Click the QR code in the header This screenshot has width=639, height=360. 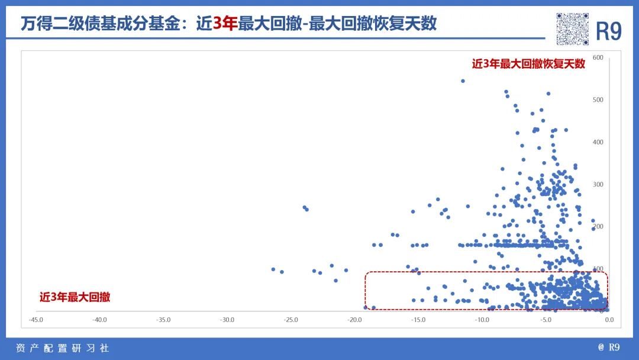click(x=572, y=28)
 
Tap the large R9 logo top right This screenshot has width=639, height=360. click(x=608, y=31)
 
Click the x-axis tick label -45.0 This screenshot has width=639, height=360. click(x=35, y=320)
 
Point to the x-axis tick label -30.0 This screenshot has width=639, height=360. click(x=227, y=320)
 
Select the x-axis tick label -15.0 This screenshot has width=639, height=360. click(x=418, y=320)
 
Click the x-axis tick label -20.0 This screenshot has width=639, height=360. click(x=354, y=320)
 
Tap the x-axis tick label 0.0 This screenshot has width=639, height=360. click(x=609, y=320)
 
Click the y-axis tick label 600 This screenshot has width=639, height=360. click(x=598, y=57)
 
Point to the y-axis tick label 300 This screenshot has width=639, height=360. click(x=598, y=184)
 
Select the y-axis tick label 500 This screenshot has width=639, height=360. click(x=598, y=99)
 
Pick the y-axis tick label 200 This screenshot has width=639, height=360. click(x=598, y=227)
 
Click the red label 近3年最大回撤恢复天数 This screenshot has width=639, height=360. click(x=528, y=64)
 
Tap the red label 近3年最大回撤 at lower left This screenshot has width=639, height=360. click(x=75, y=297)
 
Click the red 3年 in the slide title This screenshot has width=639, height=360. click(x=225, y=23)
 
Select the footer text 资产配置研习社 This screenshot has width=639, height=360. click(x=62, y=348)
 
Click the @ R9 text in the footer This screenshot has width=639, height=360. click(x=609, y=348)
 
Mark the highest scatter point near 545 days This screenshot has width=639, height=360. click(x=463, y=81)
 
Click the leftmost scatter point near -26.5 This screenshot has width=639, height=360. click(x=273, y=269)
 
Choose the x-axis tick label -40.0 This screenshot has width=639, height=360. click(x=99, y=320)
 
